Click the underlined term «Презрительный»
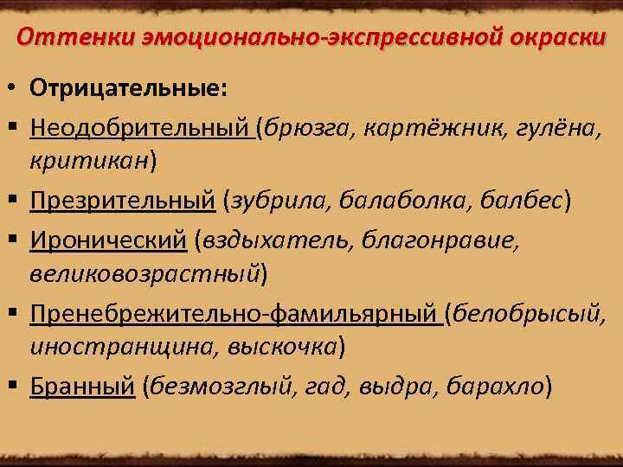(x=122, y=201)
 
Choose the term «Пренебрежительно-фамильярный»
(x=234, y=313)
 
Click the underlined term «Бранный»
(x=82, y=386)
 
